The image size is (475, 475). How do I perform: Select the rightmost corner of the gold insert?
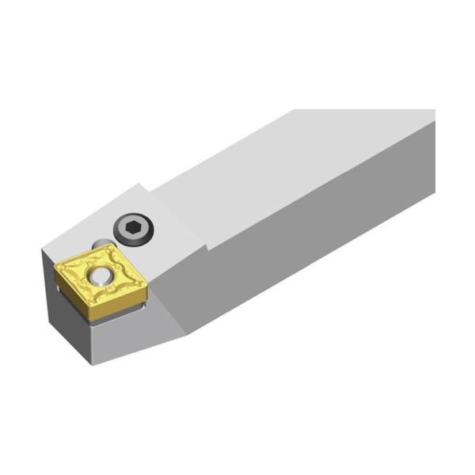(x=147, y=279)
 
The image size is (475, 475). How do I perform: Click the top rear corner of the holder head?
(x=140, y=186)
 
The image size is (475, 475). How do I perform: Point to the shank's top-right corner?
(x=434, y=111)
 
